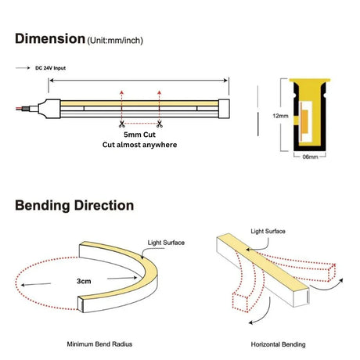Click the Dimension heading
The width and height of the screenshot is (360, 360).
[x=50, y=39]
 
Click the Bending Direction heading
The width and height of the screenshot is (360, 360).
[x=74, y=205]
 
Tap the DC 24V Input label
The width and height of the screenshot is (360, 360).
[x=50, y=68]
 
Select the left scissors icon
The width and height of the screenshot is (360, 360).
[x=121, y=124]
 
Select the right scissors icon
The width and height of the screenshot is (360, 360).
[x=160, y=124]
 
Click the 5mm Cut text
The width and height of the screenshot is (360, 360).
[x=139, y=135]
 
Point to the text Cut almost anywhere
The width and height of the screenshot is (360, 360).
[x=139, y=145]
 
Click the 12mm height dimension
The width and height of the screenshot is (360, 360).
[x=280, y=116]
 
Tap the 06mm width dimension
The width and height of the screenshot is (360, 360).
[x=310, y=157]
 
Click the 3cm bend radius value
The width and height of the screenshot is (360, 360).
[x=84, y=281]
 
